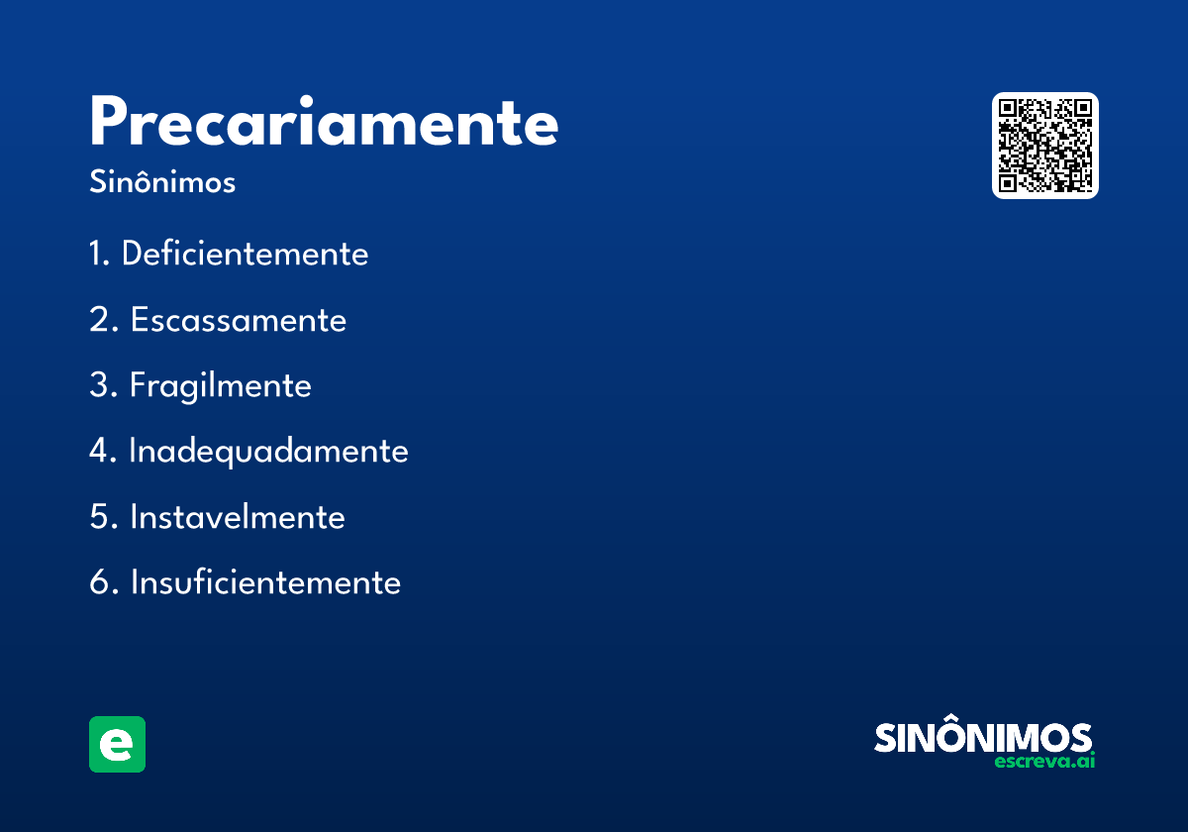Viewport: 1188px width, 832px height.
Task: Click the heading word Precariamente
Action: (324, 124)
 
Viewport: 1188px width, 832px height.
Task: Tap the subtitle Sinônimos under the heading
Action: (162, 183)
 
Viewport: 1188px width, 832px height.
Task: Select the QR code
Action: (1044, 146)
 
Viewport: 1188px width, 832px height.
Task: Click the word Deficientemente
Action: (245, 254)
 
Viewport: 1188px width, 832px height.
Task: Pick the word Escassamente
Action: (239, 320)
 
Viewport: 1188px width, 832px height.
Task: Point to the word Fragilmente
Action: (221, 385)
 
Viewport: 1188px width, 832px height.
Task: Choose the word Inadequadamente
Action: (268, 451)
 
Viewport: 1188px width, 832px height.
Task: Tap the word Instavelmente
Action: (238, 517)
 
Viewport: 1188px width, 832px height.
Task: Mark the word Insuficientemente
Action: (265, 582)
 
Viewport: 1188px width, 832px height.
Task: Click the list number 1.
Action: (98, 254)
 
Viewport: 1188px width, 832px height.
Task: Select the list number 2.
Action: (100, 320)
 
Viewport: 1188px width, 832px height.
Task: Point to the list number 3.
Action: (100, 385)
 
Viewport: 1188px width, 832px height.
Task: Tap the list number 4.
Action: (100, 451)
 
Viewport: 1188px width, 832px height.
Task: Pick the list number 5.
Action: (100, 517)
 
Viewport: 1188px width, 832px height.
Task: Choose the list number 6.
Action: (100, 582)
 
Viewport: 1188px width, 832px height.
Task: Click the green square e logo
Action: (117, 744)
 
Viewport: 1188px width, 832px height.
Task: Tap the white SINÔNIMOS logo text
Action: (983, 738)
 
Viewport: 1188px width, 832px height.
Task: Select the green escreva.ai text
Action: (1044, 762)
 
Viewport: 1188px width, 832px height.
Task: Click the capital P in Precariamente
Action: (111, 124)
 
